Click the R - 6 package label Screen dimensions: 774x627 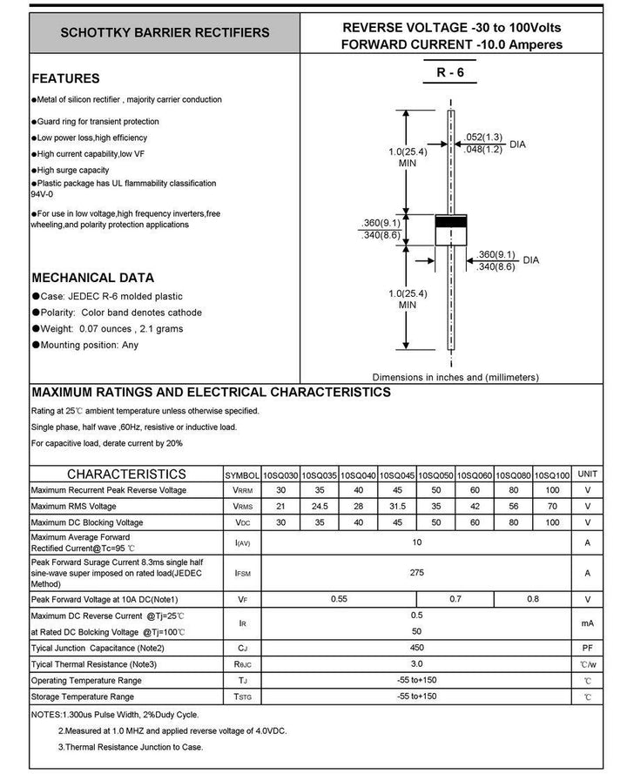(450, 74)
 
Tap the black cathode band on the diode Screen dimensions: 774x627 (451, 221)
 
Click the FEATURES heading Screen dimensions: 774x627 (65, 78)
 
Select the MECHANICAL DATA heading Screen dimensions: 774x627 (92, 278)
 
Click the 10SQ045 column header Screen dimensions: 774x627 (397, 474)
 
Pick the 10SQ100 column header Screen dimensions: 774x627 (552, 474)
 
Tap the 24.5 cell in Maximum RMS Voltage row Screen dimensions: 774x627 (320, 506)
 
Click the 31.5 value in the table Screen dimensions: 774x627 (397, 506)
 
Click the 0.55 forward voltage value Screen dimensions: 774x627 (340, 600)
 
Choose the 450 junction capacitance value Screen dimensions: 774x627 (416, 647)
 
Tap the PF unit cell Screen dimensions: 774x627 (588, 647)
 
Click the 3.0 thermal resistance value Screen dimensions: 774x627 (416, 663)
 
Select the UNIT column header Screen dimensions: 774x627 (588, 474)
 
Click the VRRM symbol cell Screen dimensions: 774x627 (243, 490)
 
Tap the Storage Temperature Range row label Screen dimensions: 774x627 (83, 697)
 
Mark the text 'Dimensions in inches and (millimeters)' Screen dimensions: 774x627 (455, 377)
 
